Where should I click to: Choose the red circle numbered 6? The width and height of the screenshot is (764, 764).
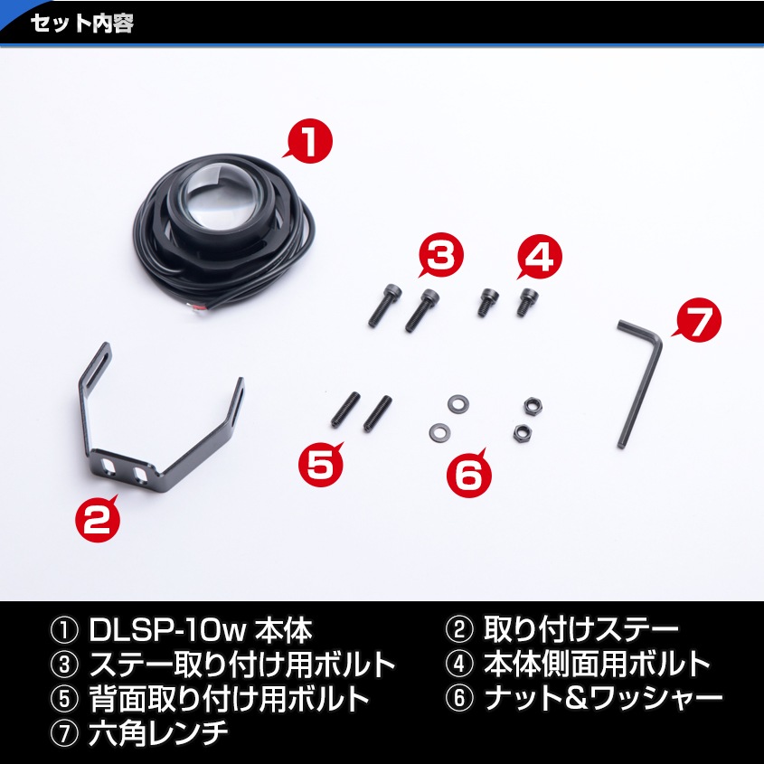pos(469,473)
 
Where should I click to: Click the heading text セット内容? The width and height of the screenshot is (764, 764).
pos(82,23)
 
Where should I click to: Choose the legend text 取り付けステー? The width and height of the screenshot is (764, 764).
pos(581,631)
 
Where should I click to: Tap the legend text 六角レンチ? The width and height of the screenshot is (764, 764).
pos(158,731)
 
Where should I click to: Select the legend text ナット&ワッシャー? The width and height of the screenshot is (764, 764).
pos(603,697)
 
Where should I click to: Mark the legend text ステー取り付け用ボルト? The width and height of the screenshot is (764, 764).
pos(242,664)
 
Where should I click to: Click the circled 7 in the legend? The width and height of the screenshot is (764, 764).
pos(65,731)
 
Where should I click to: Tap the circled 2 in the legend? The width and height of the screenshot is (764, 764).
pos(460,631)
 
